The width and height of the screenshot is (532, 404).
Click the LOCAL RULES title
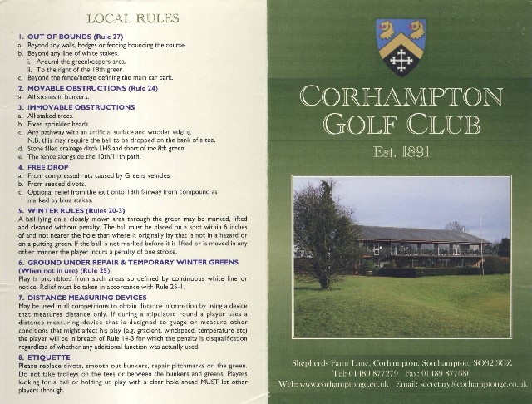coord(133,16)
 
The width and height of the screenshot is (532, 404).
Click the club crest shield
coord(401,47)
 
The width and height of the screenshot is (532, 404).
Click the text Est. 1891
coord(401,153)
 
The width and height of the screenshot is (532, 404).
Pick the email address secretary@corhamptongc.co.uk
coord(473,385)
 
